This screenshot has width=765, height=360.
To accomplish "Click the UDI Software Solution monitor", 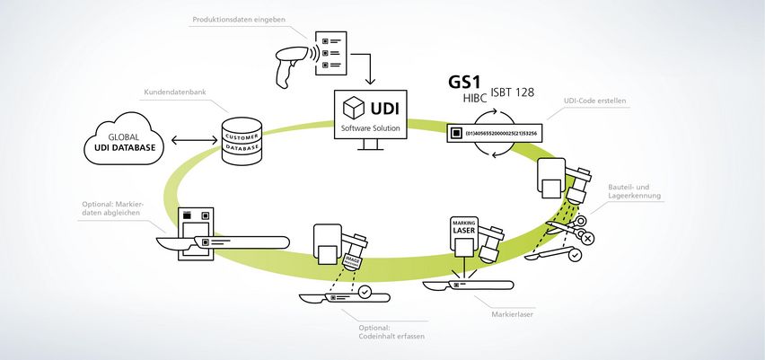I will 367,118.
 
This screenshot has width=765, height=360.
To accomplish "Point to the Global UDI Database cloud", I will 125,140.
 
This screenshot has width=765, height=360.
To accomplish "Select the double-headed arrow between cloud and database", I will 191,140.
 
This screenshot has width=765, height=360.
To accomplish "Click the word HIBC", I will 477,99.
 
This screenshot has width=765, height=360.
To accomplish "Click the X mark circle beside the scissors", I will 586,237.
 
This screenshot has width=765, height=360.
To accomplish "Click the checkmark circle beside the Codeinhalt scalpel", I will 364,292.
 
